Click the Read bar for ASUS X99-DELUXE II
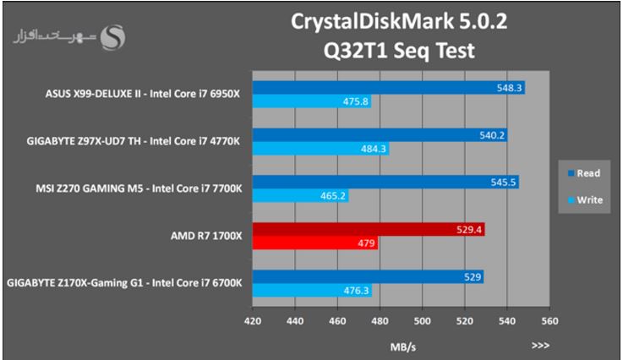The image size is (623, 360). (x=388, y=87)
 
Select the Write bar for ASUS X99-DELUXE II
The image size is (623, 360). (x=311, y=101)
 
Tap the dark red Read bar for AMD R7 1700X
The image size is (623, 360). (x=368, y=229)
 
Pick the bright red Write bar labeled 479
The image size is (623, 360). (x=314, y=243)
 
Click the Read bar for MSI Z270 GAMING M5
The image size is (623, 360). (x=385, y=182)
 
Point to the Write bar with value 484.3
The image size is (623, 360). (x=320, y=149)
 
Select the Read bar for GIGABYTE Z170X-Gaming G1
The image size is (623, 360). (x=368, y=276)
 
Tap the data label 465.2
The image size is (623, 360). (x=333, y=196)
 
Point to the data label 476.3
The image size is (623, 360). (x=356, y=291)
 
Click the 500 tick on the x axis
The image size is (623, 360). (x=423, y=321)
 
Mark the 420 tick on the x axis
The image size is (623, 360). (x=252, y=321)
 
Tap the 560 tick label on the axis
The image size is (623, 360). (x=550, y=321)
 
